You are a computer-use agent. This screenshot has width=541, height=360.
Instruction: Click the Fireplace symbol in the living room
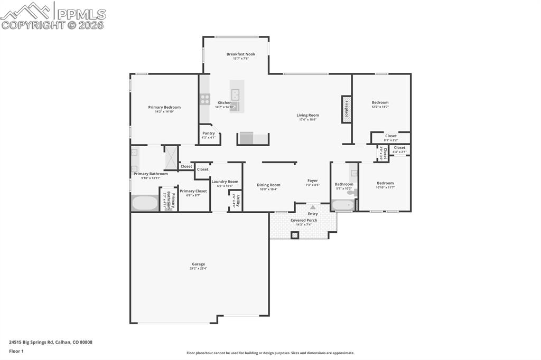pos(347,110)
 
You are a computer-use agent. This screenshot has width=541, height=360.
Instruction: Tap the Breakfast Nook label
pos(240,54)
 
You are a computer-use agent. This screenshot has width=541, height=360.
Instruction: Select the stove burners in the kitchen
pos(204,98)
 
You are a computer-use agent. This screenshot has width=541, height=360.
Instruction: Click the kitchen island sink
pos(236,95)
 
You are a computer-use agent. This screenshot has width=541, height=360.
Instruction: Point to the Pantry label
pos(209,134)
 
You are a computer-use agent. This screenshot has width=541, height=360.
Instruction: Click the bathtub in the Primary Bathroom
pos(144,203)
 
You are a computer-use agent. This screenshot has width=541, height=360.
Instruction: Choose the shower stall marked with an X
pos(171,157)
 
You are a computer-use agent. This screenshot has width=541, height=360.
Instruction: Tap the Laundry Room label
pos(225,182)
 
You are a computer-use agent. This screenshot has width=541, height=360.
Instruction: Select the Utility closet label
pos(238,201)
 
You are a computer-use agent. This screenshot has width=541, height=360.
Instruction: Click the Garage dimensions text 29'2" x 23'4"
pos(198,269)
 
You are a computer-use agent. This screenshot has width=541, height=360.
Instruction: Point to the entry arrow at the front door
pos(313,207)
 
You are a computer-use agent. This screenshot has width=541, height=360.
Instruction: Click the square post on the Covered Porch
pos(295,235)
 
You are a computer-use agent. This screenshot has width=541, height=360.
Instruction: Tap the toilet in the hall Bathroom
pos(355,193)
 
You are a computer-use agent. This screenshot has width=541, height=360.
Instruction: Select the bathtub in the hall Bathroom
pos(343,205)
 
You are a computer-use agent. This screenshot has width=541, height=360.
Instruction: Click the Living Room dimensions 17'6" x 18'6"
pos(307,120)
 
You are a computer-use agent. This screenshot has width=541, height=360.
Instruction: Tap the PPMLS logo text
pos(81,14)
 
